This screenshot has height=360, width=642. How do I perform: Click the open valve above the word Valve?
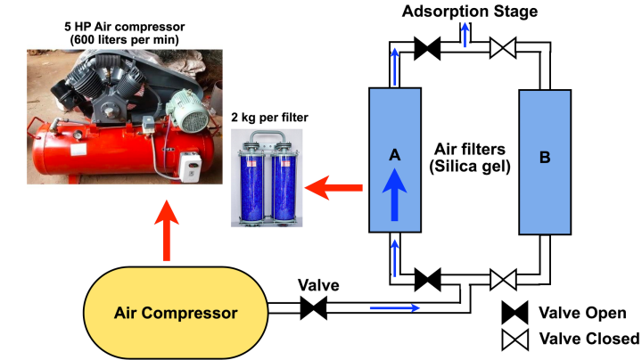click(x=313, y=308)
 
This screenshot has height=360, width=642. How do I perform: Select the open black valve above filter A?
click(x=428, y=50)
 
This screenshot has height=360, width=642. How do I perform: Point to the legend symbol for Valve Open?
click(x=515, y=313)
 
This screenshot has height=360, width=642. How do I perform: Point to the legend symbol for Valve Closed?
click(x=515, y=339)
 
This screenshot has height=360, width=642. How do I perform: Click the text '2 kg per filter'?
click(x=268, y=119)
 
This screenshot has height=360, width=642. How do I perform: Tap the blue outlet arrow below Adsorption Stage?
click(x=463, y=34)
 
